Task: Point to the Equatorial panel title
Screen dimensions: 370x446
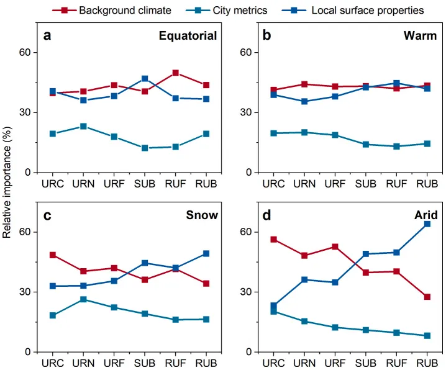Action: coord(188,35)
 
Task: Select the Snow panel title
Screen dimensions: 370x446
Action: coord(202,215)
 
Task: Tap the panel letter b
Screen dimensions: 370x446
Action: coord(267,35)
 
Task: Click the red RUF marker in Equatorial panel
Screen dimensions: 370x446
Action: coord(176,73)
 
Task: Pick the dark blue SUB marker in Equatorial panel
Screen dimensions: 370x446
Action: coord(145,79)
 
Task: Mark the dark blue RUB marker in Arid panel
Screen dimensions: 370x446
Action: coord(427,224)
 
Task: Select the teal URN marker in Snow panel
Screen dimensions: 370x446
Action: coord(83,299)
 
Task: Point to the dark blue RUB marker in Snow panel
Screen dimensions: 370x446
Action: coord(206,253)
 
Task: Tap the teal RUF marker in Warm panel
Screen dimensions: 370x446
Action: coord(396,147)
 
